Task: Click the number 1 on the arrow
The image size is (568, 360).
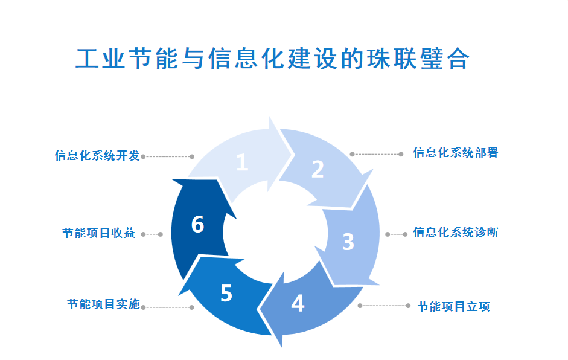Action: pos(242,162)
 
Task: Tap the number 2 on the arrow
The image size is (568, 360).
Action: pos(318,170)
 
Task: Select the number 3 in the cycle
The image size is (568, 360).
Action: pos(348,241)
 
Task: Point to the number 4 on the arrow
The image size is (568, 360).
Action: pos(298,303)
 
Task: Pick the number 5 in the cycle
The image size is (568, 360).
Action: pos(226,294)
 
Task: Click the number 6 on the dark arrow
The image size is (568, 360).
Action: pos(197,225)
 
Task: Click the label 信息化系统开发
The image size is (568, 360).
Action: pos(97,156)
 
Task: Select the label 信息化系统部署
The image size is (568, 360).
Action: pos(455,153)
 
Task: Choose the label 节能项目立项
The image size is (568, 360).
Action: pos(453,307)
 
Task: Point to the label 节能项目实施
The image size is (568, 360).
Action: pos(103,304)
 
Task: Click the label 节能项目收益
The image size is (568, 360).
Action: pos(99,233)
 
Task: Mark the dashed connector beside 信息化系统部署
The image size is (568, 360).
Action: pos(377,154)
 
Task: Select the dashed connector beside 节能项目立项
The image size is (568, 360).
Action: pos(384,306)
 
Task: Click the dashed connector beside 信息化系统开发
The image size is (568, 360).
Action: pos(167,156)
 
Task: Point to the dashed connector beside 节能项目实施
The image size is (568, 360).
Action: pos(167,307)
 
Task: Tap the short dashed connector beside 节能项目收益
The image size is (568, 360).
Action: pos(152,234)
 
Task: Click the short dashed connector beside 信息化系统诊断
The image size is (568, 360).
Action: pos(396,234)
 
